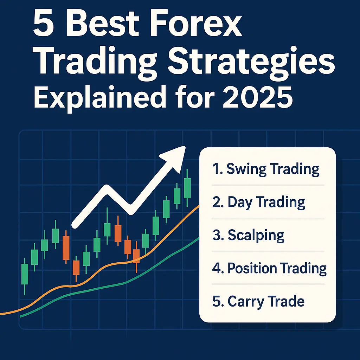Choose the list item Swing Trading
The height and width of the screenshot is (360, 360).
(x=266, y=169)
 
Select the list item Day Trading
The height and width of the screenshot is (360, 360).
(x=259, y=202)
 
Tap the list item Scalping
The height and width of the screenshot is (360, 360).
(x=249, y=235)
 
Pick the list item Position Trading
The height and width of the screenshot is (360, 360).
(x=270, y=268)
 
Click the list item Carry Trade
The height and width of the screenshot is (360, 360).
(x=258, y=301)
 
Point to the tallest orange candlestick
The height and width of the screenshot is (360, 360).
(x=66, y=247)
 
